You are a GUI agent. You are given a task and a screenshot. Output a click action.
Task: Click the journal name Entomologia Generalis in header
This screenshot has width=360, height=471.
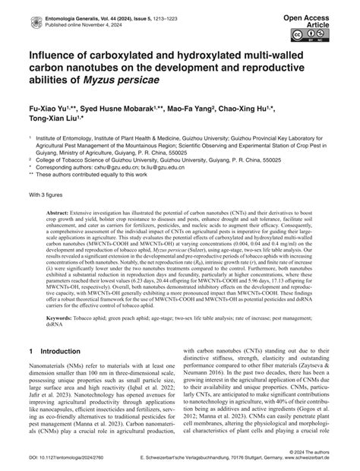click(53, 7)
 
